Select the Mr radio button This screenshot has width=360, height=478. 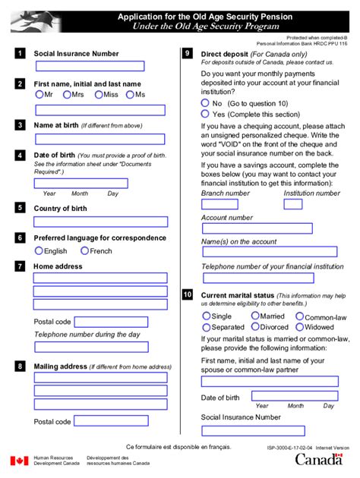click(x=39, y=95)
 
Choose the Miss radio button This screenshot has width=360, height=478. click(x=98, y=95)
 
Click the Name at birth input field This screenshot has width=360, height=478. click(x=100, y=140)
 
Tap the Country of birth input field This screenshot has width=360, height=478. click(x=100, y=222)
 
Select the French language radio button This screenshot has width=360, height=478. click(x=84, y=251)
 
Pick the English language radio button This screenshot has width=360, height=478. click(x=39, y=251)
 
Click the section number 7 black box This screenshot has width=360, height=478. click(x=19, y=266)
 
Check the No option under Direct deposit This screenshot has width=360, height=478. click(x=205, y=102)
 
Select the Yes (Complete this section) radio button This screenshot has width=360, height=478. click(x=205, y=114)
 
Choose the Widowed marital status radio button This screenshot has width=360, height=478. click(x=300, y=328)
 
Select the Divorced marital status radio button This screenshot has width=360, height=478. click(x=254, y=328)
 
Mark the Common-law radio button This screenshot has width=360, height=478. click(x=300, y=316)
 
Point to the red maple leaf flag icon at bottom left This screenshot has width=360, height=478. click(x=19, y=461)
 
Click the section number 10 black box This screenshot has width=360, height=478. click(x=188, y=294)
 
